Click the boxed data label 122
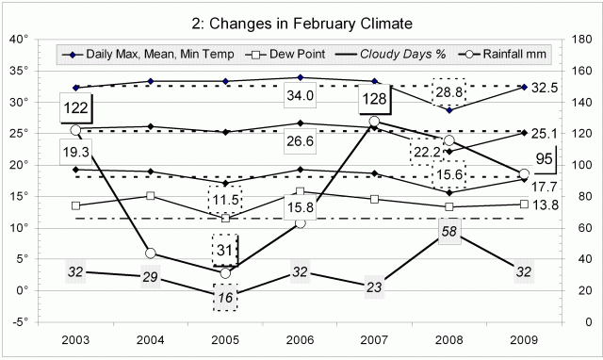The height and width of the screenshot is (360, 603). pos(75,108)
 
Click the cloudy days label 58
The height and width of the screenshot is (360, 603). pos(448,231)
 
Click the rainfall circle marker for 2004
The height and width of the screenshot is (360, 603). pos(150,254)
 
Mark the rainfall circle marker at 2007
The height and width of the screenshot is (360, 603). pos(374,122)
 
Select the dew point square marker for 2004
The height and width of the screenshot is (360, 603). pos(150,196)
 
